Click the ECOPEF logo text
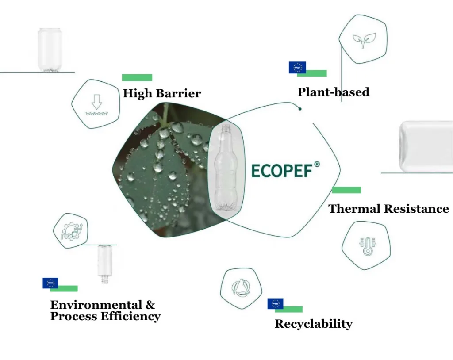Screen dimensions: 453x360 [x=282, y=170]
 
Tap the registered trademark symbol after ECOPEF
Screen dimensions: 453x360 [x=317, y=165]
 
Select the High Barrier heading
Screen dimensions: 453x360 [x=162, y=93]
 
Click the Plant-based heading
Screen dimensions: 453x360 [x=334, y=92]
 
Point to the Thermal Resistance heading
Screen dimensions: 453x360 [x=388, y=209]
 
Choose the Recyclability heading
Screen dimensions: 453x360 [x=314, y=324]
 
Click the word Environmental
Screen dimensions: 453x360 [x=96, y=305]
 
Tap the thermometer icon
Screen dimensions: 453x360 [x=367, y=246]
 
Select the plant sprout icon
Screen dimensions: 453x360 [x=364, y=40]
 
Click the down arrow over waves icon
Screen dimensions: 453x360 [x=97, y=105]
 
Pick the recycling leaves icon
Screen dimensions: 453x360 [x=241, y=288]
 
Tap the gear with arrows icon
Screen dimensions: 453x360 [x=72, y=231]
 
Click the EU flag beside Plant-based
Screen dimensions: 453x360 [x=297, y=68]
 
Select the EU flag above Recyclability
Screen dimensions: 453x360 [x=275, y=304]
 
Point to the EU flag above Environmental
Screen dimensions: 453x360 [x=50, y=283]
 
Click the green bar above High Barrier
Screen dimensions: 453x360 [x=137, y=78]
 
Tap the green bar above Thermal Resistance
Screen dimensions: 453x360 [x=347, y=190]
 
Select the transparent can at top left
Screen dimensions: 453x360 [x=50, y=50]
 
